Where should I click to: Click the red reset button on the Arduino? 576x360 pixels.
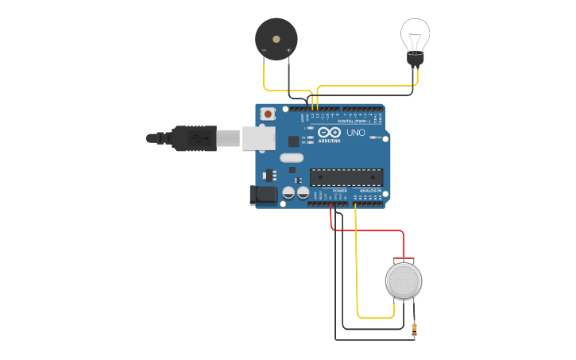click(268, 114)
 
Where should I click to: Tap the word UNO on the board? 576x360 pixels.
click(356, 133)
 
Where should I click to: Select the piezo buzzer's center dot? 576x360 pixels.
click(276, 37)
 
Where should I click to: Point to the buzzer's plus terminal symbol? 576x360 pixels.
click(288, 50)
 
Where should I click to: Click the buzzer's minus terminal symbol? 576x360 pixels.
click(264, 50)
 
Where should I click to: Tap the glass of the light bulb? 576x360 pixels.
click(415, 34)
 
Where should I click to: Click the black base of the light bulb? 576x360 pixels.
click(415, 58)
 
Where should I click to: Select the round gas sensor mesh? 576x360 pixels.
click(403, 280)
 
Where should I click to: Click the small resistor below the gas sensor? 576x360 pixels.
click(414, 328)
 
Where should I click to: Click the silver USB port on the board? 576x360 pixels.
click(257, 137)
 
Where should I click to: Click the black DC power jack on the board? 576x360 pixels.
click(261, 195)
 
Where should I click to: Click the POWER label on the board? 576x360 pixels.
click(339, 191)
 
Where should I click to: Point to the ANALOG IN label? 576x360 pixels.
click(369, 191)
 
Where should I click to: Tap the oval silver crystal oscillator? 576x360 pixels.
click(292, 157)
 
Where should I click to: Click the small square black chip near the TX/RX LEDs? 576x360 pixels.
click(293, 141)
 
